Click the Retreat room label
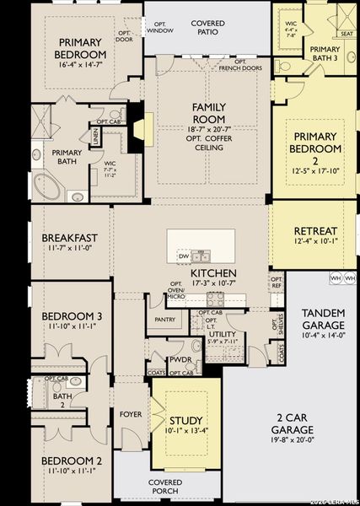click(x=315, y=231)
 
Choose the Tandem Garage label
click(x=323, y=319)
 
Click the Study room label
click(x=185, y=420)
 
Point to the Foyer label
click(x=131, y=414)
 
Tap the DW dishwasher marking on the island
click(x=184, y=255)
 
